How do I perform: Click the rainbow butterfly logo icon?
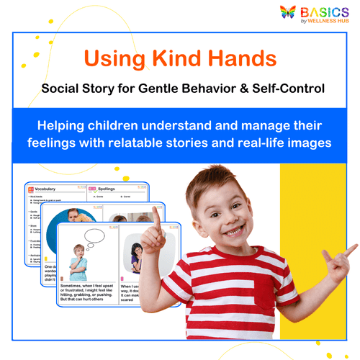coord(289,14)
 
